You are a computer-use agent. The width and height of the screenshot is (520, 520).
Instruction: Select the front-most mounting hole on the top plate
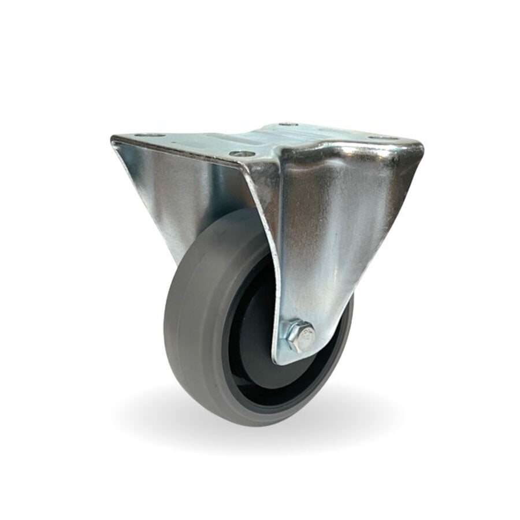pos(241,154)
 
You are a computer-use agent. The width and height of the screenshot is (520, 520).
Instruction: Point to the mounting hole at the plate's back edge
pos(287,124)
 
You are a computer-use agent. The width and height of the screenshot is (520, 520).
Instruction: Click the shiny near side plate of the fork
pos(335,231)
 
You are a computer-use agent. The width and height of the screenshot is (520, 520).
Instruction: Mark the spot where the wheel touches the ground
pos(248,425)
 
